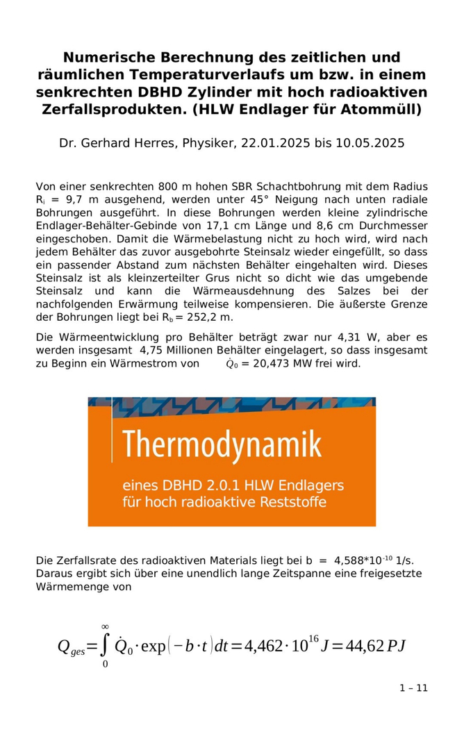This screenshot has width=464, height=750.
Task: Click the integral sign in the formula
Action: [x=105, y=646]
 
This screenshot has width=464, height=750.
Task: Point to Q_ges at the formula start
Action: [x=71, y=647]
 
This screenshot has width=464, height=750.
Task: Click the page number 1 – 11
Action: [x=414, y=688]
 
